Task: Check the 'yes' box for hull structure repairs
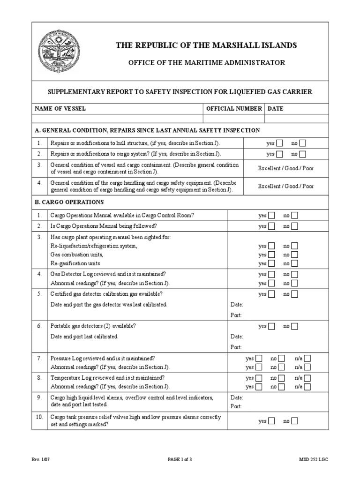coord(279,143)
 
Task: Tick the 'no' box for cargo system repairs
coord(303,154)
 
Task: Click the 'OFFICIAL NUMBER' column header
coord(234,108)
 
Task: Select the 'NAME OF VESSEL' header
coord(60,108)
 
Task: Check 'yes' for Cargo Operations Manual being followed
coord(271,226)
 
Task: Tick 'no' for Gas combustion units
coord(294,255)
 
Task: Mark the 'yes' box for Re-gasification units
coord(271,263)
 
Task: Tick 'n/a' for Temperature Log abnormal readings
coord(307,387)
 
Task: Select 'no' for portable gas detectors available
coord(294,326)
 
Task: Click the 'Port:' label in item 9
coord(236,406)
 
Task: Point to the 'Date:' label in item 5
coord(237,304)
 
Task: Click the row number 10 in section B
coord(39,417)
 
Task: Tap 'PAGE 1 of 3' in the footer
coord(180,460)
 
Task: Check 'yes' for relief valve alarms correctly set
coord(271,421)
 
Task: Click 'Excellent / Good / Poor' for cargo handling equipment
coord(286,186)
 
